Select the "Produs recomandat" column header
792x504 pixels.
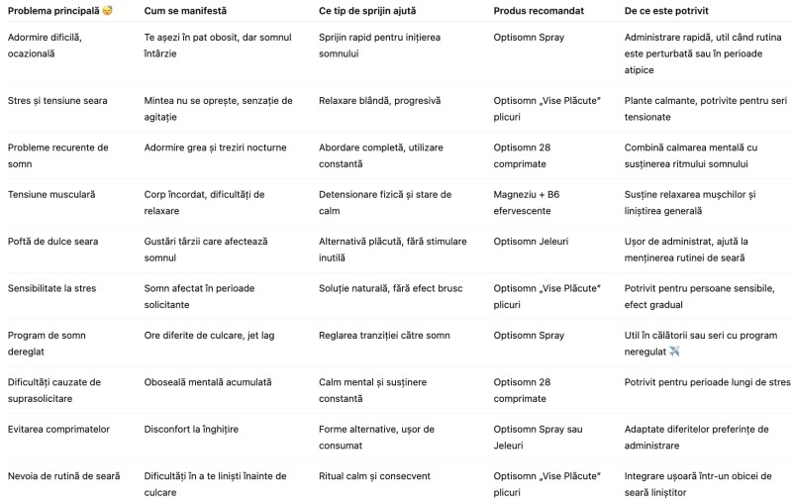[541, 10]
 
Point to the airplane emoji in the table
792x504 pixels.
[674, 351]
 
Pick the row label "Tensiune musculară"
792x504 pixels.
[51, 194]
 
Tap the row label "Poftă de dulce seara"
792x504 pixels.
[56, 242]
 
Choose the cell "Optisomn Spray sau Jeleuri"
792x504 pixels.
[540, 437]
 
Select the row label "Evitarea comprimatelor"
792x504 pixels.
[58, 429]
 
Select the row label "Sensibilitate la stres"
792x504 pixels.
[56, 288]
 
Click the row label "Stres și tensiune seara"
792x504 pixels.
[57, 100]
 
